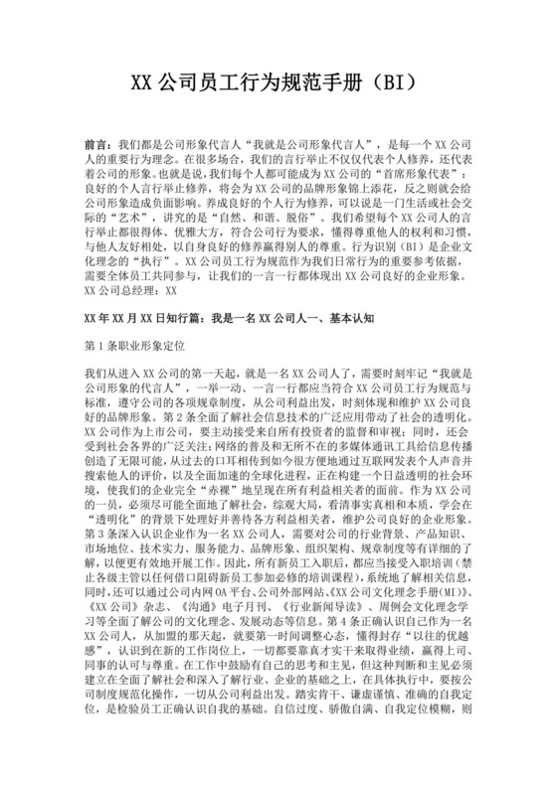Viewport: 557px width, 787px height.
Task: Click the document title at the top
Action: pos(278,80)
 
